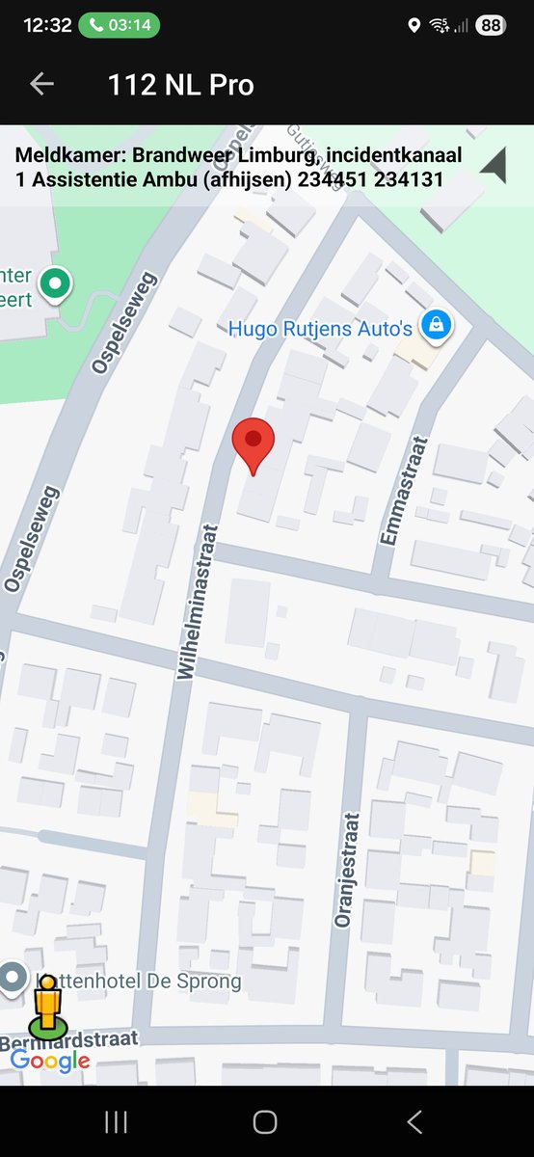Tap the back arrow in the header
[x=41, y=84]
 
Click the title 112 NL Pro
[x=181, y=85]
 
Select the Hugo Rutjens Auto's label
[x=320, y=329]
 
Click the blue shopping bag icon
[x=437, y=325]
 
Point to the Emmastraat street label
[x=389, y=491]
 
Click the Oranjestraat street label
[x=346, y=870]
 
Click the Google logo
[x=50, y=1062]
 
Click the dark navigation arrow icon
[x=494, y=166]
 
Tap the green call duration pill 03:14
[x=120, y=25]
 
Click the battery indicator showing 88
[x=491, y=26]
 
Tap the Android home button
[x=265, y=1121]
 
